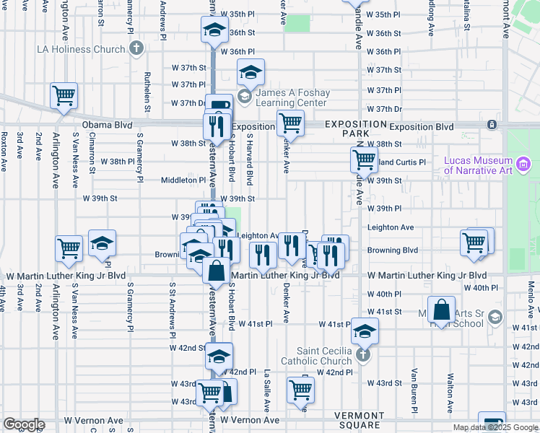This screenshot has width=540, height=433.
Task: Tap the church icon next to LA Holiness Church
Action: pyautogui.click(x=135, y=50)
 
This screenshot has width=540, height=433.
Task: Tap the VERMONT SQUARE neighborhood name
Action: pyautogui.click(x=359, y=420)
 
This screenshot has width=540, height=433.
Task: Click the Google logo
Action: pyautogui.click(x=24, y=424)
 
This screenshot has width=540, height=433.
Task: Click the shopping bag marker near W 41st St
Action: pyautogui.click(x=441, y=308)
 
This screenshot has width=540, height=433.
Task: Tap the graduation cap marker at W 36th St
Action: pyautogui.click(x=214, y=30)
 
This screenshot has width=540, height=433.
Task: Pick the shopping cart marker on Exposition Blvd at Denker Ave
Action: pyautogui.click(x=290, y=122)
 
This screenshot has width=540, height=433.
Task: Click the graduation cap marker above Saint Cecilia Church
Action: pyautogui.click(x=365, y=330)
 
